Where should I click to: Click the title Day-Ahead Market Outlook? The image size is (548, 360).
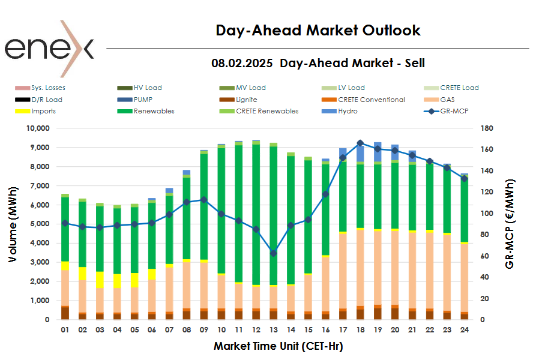tap(318, 31)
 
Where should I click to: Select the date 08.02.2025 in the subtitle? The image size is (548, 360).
tap(241, 63)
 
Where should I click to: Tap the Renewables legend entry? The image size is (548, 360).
tap(154, 111)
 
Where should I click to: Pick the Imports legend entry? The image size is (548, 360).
tap(43, 111)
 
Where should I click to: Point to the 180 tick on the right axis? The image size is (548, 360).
tap(487, 128)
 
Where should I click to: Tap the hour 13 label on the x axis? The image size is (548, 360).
tap(274, 329)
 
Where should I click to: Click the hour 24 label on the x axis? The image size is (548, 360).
tap(464, 329)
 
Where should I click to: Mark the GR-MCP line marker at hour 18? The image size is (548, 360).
tap(360, 143)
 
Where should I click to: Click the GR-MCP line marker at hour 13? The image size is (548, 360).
tap(274, 253)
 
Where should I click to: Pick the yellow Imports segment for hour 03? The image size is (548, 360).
tap(100, 280)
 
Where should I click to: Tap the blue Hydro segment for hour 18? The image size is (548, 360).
tap(360, 153)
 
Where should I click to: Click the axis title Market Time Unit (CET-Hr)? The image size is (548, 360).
tap(278, 346)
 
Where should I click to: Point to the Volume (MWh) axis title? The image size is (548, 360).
tap(13, 224)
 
